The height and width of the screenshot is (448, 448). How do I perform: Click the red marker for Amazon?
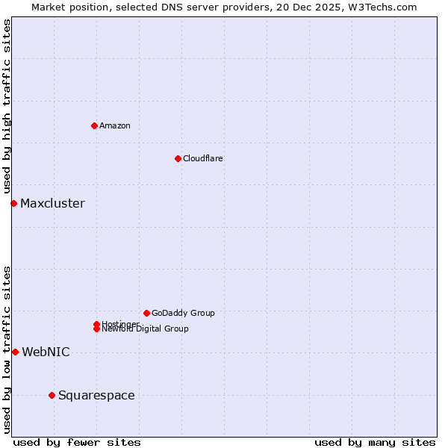point(94,125)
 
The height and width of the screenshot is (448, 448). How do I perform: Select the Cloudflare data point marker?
point(178,158)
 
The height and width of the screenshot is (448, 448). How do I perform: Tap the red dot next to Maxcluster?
point(13,203)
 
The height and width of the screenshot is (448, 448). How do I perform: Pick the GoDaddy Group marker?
point(146,313)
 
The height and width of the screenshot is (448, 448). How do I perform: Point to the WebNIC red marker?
point(15,352)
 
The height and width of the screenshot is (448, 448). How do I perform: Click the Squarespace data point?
point(52,395)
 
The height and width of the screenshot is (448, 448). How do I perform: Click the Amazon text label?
point(115,125)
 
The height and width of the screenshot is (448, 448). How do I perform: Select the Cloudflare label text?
point(203,158)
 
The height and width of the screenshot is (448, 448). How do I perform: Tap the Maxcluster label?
point(52,203)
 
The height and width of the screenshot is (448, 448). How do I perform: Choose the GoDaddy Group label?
point(183,313)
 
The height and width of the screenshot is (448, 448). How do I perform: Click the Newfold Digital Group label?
point(145,329)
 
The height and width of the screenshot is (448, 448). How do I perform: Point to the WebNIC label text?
point(46,352)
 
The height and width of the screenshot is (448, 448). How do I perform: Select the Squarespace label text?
point(96,395)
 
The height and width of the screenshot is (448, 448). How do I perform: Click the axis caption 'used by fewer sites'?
point(77,442)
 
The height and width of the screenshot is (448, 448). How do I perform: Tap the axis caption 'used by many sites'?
point(375,442)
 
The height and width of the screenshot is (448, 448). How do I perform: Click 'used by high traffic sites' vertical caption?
point(7,107)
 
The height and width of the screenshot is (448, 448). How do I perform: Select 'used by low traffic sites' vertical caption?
point(7,349)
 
